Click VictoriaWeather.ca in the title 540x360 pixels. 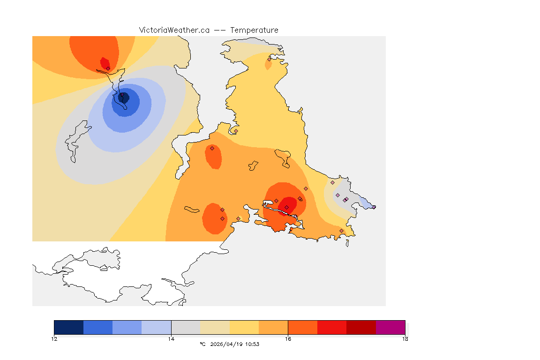point(174,30)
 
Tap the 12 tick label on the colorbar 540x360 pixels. point(54,339)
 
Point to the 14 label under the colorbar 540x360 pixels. point(171,339)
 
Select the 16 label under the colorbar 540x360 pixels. point(288,339)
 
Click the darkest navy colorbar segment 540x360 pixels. point(68,327)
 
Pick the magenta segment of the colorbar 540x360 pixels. point(390,327)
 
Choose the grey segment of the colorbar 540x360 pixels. point(186,327)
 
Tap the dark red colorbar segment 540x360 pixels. point(361,327)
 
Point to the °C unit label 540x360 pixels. point(202,345)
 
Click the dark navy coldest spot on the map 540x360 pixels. point(124,97)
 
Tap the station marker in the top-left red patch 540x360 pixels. point(108,68)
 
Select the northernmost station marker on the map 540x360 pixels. point(269,59)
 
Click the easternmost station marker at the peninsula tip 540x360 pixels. point(374,207)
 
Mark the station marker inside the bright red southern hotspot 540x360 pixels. point(286,207)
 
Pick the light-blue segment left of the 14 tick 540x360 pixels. point(156,327)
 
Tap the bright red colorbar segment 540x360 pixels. point(332,327)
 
